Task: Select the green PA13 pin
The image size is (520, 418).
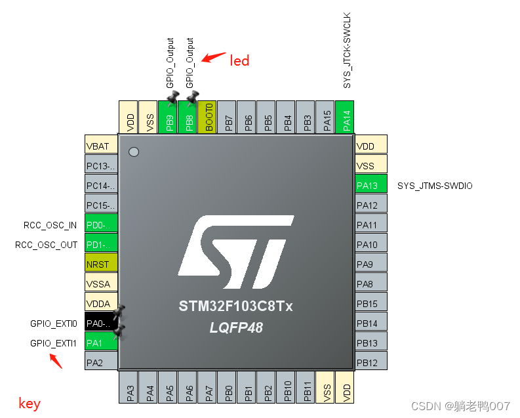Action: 370,186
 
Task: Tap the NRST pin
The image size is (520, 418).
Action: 101,264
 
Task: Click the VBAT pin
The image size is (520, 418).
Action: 101,146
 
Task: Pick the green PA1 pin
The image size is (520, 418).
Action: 101,342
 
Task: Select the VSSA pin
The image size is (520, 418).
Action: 101,284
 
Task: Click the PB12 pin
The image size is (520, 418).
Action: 370,362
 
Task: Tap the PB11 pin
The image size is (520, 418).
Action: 305,387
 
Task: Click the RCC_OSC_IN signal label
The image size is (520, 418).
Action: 50,225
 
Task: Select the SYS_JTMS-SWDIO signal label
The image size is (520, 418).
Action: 435,186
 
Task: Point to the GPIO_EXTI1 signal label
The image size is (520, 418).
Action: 54,343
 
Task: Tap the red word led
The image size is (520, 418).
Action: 239,61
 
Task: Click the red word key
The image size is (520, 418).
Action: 30,404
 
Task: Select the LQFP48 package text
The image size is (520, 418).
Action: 236,327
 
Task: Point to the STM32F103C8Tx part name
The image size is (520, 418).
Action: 236,306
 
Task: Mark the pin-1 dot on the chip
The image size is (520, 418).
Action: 134,152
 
